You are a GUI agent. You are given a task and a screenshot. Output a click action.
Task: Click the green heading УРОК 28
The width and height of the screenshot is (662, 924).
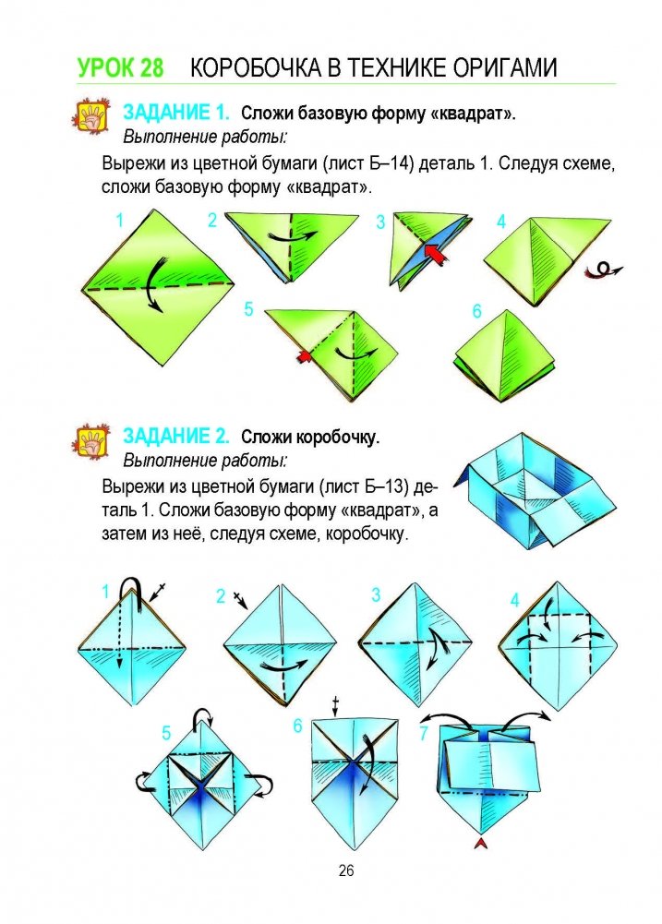tap(120, 67)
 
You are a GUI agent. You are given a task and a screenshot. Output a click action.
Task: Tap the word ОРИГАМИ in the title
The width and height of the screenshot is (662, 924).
tap(505, 67)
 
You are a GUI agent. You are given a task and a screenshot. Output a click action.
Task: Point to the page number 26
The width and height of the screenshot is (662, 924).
tap(346, 870)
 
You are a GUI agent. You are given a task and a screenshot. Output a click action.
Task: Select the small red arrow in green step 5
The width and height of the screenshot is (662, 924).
tap(304, 356)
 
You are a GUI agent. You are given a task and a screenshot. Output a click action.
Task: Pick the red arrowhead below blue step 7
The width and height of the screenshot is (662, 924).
tap(483, 844)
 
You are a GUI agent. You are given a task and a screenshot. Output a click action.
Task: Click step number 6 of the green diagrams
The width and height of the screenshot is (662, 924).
tap(477, 310)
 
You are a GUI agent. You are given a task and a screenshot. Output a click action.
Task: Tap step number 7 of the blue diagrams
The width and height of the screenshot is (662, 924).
tap(424, 734)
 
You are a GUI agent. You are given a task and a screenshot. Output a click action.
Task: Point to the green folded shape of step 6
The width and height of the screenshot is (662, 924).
tap(505, 357)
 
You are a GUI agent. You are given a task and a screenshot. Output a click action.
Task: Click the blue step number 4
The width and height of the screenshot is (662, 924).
tap(514, 601)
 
